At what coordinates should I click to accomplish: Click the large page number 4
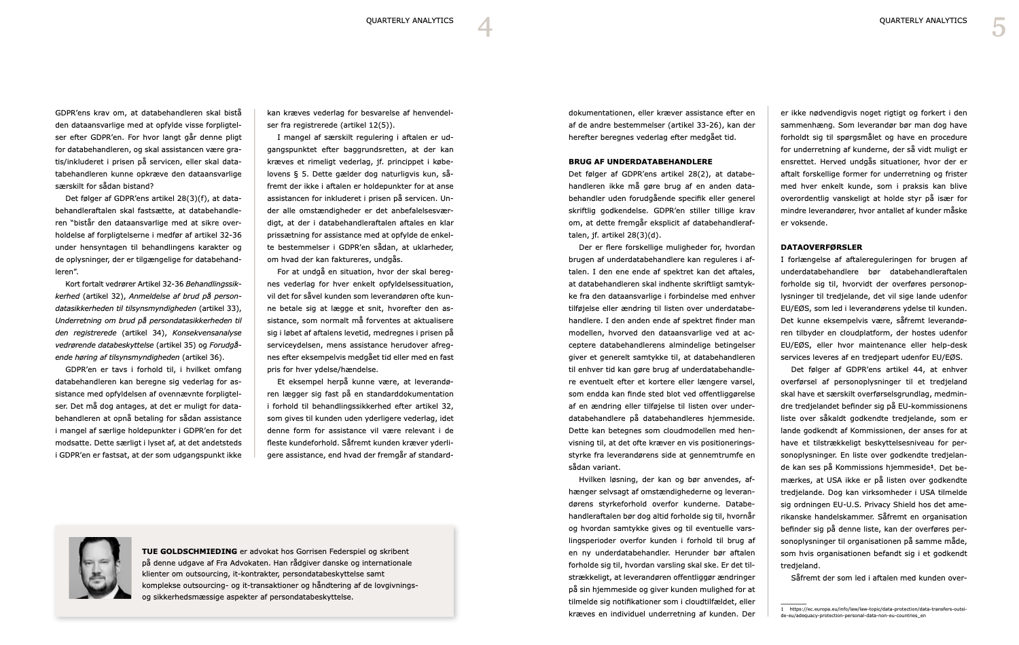(484, 27)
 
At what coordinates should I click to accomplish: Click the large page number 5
(998, 27)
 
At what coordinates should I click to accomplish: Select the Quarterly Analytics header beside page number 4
(410, 20)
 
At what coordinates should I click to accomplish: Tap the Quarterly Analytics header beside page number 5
(923, 20)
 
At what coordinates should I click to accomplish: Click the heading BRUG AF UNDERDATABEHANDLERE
(640, 162)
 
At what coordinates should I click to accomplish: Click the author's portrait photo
(100, 568)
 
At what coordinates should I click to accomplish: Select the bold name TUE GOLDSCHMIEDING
(190, 551)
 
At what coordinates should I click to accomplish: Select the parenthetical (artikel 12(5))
(362, 125)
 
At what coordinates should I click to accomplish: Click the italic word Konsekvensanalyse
(207, 333)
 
